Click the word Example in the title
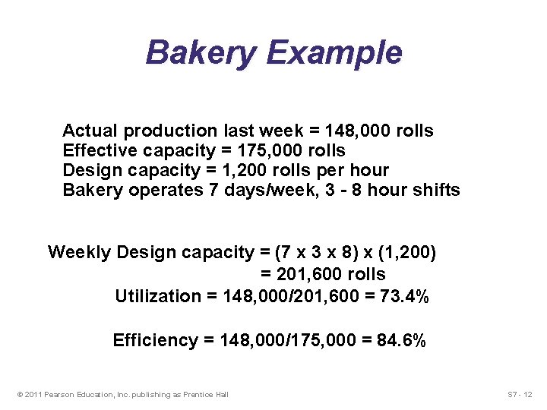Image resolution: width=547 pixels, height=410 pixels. [x=335, y=53]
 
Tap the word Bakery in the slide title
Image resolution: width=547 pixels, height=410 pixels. [x=200, y=53]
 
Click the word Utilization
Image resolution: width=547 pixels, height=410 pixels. [x=158, y=296]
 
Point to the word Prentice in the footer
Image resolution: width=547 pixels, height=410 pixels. [x=195, y=394]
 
